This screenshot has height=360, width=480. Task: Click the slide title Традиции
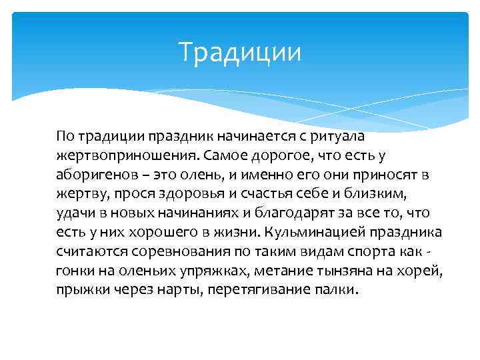point(240,53)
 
